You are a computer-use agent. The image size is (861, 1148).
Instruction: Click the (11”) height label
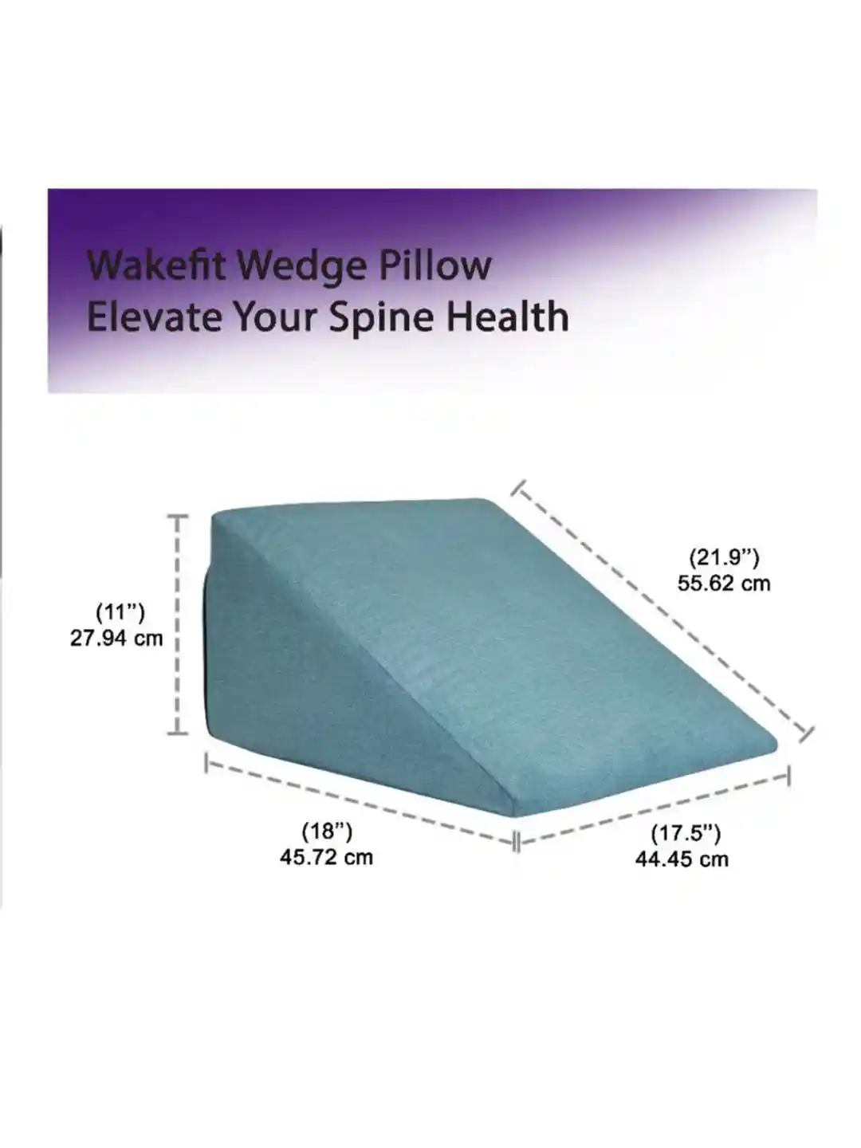coord(120,612)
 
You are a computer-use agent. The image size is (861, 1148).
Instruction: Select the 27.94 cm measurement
coord(116,638)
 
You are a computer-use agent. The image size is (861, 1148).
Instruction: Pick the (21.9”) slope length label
coord(724,557)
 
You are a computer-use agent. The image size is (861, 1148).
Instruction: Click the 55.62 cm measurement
coord(724,583)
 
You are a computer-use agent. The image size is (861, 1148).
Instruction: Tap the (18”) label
coord(327,831)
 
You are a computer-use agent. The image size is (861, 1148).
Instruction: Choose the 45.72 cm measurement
coord(326,857)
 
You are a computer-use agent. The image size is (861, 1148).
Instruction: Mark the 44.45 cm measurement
coord(682,859)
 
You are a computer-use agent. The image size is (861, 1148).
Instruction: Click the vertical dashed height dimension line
coord(178,624)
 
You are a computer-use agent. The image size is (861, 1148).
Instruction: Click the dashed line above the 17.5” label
coord(652,810)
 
